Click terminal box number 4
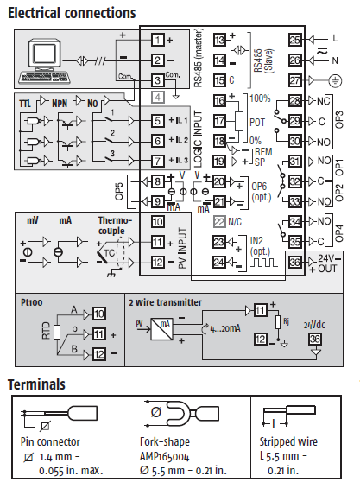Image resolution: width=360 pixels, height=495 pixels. (x=158, y=98)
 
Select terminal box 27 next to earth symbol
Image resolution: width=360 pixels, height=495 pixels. (x=295, y=80)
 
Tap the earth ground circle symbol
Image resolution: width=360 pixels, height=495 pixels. (x=335, y=81)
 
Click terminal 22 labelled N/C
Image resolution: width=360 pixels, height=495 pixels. (x=219, y=222)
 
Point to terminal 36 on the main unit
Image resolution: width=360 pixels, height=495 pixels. (x=295, y=263)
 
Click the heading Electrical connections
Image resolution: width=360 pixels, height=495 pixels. (x=72, y=13)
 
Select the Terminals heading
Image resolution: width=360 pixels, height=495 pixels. (x=36, y=384)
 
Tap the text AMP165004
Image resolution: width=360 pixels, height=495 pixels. (x=164, y=456)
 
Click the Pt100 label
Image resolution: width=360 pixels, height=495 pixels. (x=32, y=302)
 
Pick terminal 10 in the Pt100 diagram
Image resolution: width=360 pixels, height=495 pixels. (x=99, y=314)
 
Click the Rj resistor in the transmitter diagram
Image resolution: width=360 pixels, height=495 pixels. (x=278, y=322)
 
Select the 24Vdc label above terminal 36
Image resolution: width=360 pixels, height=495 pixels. (x=314, y=325)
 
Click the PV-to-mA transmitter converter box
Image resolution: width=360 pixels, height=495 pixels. (x=161, y=329)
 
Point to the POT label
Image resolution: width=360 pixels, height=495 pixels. (x=257, y=122)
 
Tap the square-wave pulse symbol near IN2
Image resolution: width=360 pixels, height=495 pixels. (x=264, y=263)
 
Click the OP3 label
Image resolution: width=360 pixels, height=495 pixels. (x=339, y=120)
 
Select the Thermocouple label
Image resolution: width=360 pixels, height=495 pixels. (x=115, y=225)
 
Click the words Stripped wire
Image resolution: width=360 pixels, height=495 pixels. (x=288, y=441)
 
